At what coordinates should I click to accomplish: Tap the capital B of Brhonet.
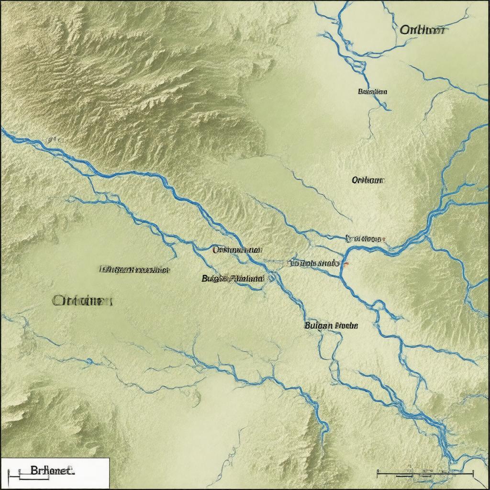pyautogui.click(x=33, y=470)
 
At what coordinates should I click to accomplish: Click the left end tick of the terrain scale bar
pyautogui.click(x=378, y=474)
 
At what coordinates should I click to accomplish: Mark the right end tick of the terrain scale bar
pyautogui.click(x=473, y=474)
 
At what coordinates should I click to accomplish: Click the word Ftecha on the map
pyautogui.click(x=346, y=325)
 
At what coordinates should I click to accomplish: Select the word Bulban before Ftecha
pyautogui.click(x=318, y=325)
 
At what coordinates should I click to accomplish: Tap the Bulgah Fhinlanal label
pyautogui.click(x=233, y=278)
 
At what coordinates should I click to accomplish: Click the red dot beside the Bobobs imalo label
pyautogui.click(x=346, y=263)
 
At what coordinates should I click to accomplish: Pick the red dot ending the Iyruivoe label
pyautogui.click(x=384, y=238)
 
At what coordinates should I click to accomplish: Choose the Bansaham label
pyautogui.click(x=372, y=91)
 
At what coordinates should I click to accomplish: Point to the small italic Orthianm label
pyautogui.click(x=368, y=180)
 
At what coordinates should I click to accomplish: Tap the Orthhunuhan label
pyautogui.click(x=237, y=250)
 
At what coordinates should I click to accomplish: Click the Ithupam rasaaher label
pyautogui.click(x=134, y=269)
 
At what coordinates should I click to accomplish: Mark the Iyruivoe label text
pyautogui.click(x=364, y=238)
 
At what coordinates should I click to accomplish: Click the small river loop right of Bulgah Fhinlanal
pyautogui.click(x=273, y=277)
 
